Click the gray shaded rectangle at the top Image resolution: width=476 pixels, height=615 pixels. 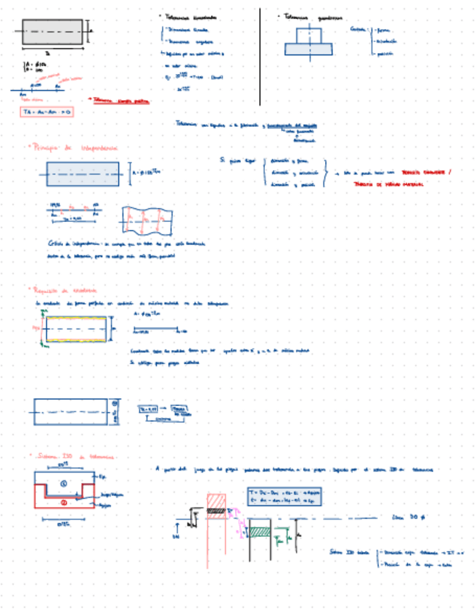[x=52, y=32]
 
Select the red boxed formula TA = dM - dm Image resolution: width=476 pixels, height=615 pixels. [x=46, y=112]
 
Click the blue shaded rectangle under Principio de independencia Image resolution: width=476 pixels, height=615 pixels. [x=83, y=173]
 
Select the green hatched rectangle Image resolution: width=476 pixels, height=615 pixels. [x=260, y=532]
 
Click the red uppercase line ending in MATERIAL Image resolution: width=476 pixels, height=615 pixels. [x=392, y=184]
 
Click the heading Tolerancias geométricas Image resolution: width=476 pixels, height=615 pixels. [x=312, y=17]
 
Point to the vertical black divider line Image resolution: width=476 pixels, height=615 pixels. [x=259, y=57]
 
